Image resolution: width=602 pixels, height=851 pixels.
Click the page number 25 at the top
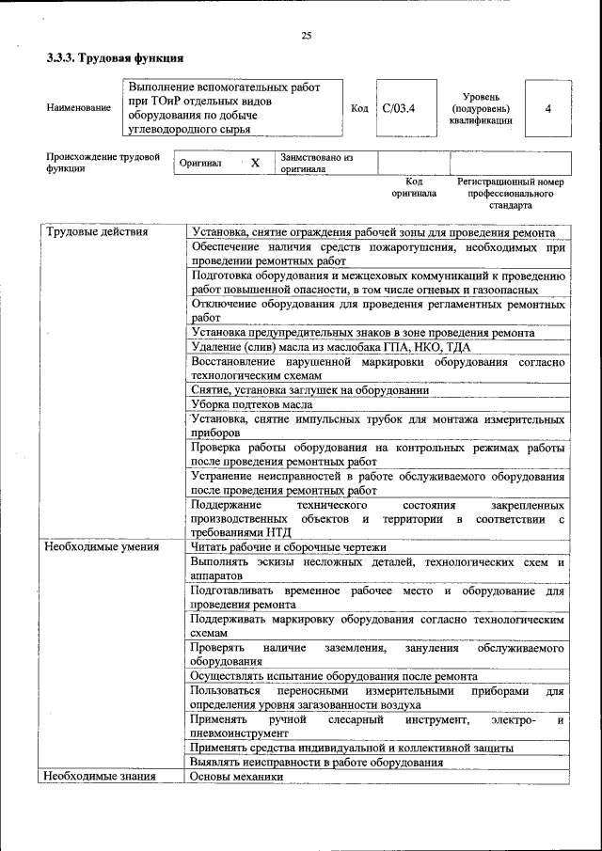[x=306, y=36]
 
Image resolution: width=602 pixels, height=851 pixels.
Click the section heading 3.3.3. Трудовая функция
[x=115, y=58]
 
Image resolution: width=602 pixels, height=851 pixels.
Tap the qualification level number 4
[x=547, y=108]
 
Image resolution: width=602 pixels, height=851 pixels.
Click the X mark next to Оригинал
[x=254, y=163]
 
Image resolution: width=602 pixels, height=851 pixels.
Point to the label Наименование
[x=78, y=108]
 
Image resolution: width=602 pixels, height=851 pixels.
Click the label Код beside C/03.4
[x=359, y=108]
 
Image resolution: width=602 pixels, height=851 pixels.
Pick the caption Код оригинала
[x=414, y=187]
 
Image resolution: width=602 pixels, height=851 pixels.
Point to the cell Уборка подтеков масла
[x=255, y=403]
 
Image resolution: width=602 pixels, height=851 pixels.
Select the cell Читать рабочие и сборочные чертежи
[x=288, y=547]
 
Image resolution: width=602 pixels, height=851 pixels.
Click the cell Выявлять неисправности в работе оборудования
[x=316, y=763]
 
